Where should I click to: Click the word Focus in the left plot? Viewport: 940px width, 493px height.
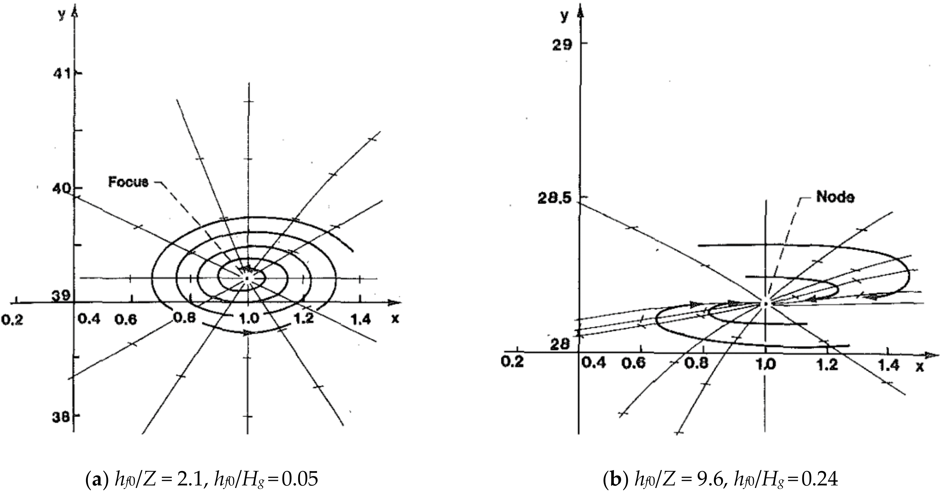(x=128, y=182)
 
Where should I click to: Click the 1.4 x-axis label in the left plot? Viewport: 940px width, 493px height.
(x=360, y=320)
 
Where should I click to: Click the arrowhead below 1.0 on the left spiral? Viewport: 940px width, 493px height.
(x=247, y=333)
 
